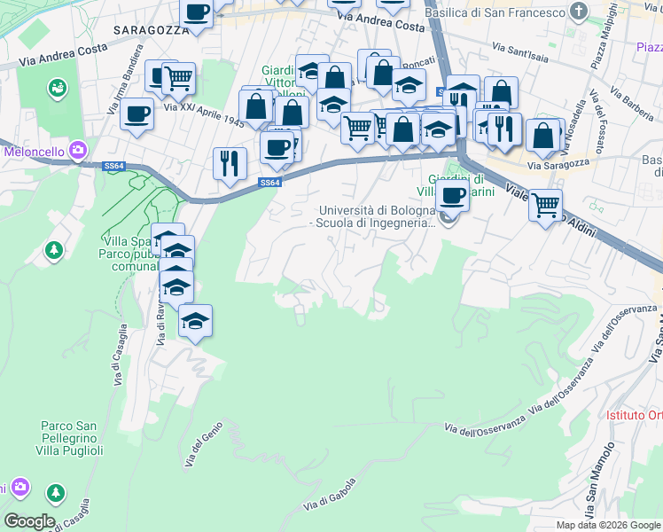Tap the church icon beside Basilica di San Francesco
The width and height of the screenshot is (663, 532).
pyautogui.click(x=580, y=12)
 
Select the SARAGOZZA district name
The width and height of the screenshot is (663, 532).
pyautogui.click(x=151, y=29)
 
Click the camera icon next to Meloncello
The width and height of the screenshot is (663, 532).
pyautogui.click(x=77, y=151)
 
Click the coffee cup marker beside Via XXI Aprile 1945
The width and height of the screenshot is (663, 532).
pyautogui.click(x=137, y=114)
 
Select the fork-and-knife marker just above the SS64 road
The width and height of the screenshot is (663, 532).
pyautogui.click(x=228, y=163)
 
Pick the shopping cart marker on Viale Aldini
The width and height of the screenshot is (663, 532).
pyautogui.click(x=546, y=206)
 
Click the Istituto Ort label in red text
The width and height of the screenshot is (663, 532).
pyautogui.click(x=634, y=415)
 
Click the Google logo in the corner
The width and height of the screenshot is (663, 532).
pyautogui.click(x=28, y=520)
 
